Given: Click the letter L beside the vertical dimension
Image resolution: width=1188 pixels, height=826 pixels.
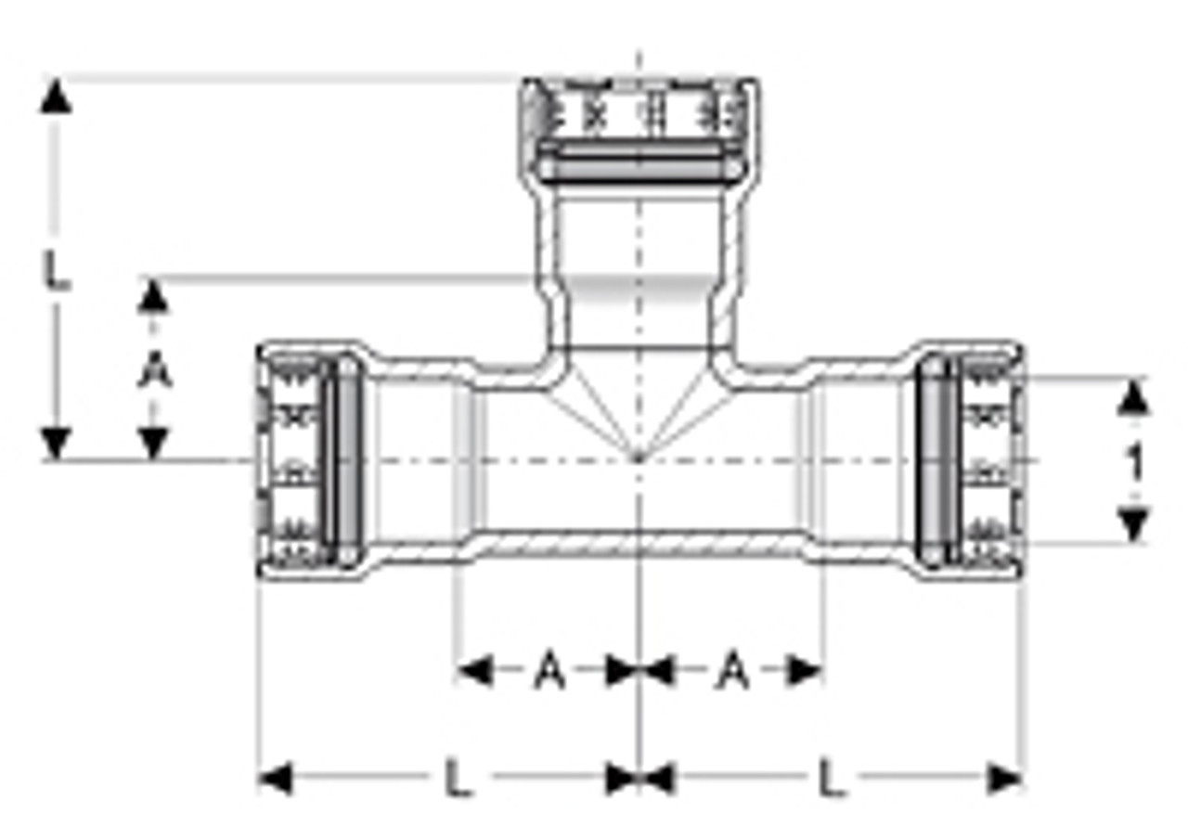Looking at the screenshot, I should (58, 271).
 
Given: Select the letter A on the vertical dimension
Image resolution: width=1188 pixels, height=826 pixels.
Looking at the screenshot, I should (155, 373).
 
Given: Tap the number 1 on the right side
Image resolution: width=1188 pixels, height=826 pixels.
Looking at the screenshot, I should (1133, 462).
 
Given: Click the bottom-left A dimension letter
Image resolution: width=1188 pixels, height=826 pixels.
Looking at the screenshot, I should (549, 670).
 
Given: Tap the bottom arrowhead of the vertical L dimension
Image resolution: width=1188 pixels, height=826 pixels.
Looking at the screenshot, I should (57, 444).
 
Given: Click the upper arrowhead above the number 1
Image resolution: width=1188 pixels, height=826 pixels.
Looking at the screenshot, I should (1132, 399).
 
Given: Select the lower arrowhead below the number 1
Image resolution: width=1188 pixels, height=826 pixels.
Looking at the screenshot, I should (1132, 524).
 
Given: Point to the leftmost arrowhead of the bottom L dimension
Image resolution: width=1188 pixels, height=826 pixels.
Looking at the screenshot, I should (275, 778).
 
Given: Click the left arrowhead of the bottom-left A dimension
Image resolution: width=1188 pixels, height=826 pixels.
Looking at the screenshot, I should (474, 670).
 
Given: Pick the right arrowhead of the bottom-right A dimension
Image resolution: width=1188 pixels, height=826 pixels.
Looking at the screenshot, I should (805, 670).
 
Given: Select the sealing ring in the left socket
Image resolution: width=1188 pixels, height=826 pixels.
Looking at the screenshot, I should (348, 461).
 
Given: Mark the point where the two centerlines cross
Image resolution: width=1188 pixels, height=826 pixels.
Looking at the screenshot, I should (639, 459).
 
